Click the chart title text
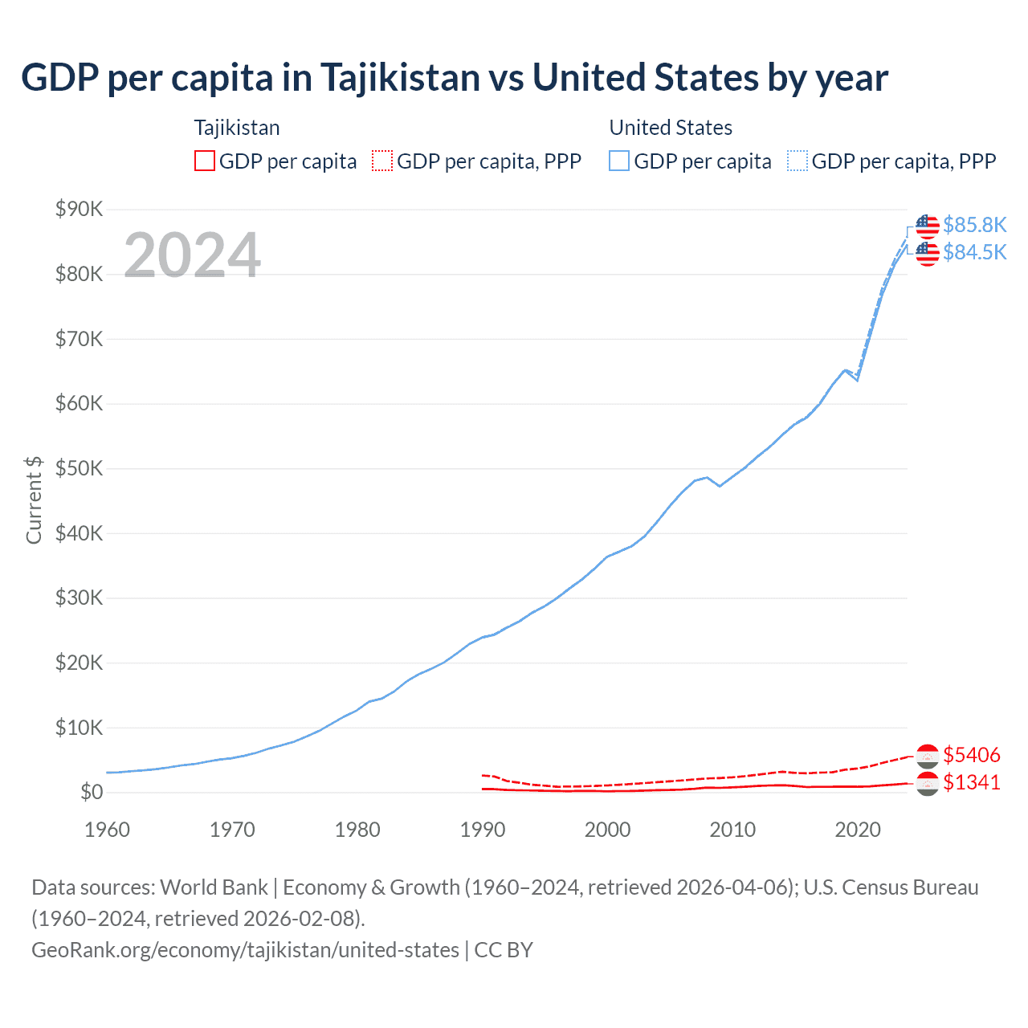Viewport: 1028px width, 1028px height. click(x=454, y=78)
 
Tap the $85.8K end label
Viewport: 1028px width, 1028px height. click(x=974, y=225)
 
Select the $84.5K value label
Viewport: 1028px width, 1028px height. click(x=974, y=252)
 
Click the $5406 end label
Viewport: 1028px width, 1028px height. click(x=972, y=755)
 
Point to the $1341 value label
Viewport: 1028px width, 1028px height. click(x=972, y=782)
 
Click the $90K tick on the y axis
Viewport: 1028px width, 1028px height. click(x=79, y=210)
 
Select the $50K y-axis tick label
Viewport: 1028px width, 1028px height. click(x=79, y=469)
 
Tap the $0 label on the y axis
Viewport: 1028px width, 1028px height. click(x=92, y=793)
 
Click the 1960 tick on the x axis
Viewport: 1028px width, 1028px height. click(x=107, y=830)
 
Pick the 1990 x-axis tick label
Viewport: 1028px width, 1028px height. click(x=482, y=830)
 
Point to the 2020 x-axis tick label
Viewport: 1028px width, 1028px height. click(x=857, y=830)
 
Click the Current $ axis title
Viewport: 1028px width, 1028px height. click(x=34, y=500)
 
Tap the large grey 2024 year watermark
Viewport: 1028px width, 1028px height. click(x=192, y=255)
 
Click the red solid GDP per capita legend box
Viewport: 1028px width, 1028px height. click(x=205, y=161)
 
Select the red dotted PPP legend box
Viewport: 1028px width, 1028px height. click(x=382, y=161)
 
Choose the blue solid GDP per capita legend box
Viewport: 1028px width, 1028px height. click(x=619, y=161)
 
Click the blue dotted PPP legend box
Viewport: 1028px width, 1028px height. click(x=798, y=161)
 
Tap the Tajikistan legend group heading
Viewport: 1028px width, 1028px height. click(x=237, y=128)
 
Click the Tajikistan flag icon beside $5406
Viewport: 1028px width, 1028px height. click(x=928, y=756)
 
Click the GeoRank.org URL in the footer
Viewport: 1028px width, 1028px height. click(x=245, y=950)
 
